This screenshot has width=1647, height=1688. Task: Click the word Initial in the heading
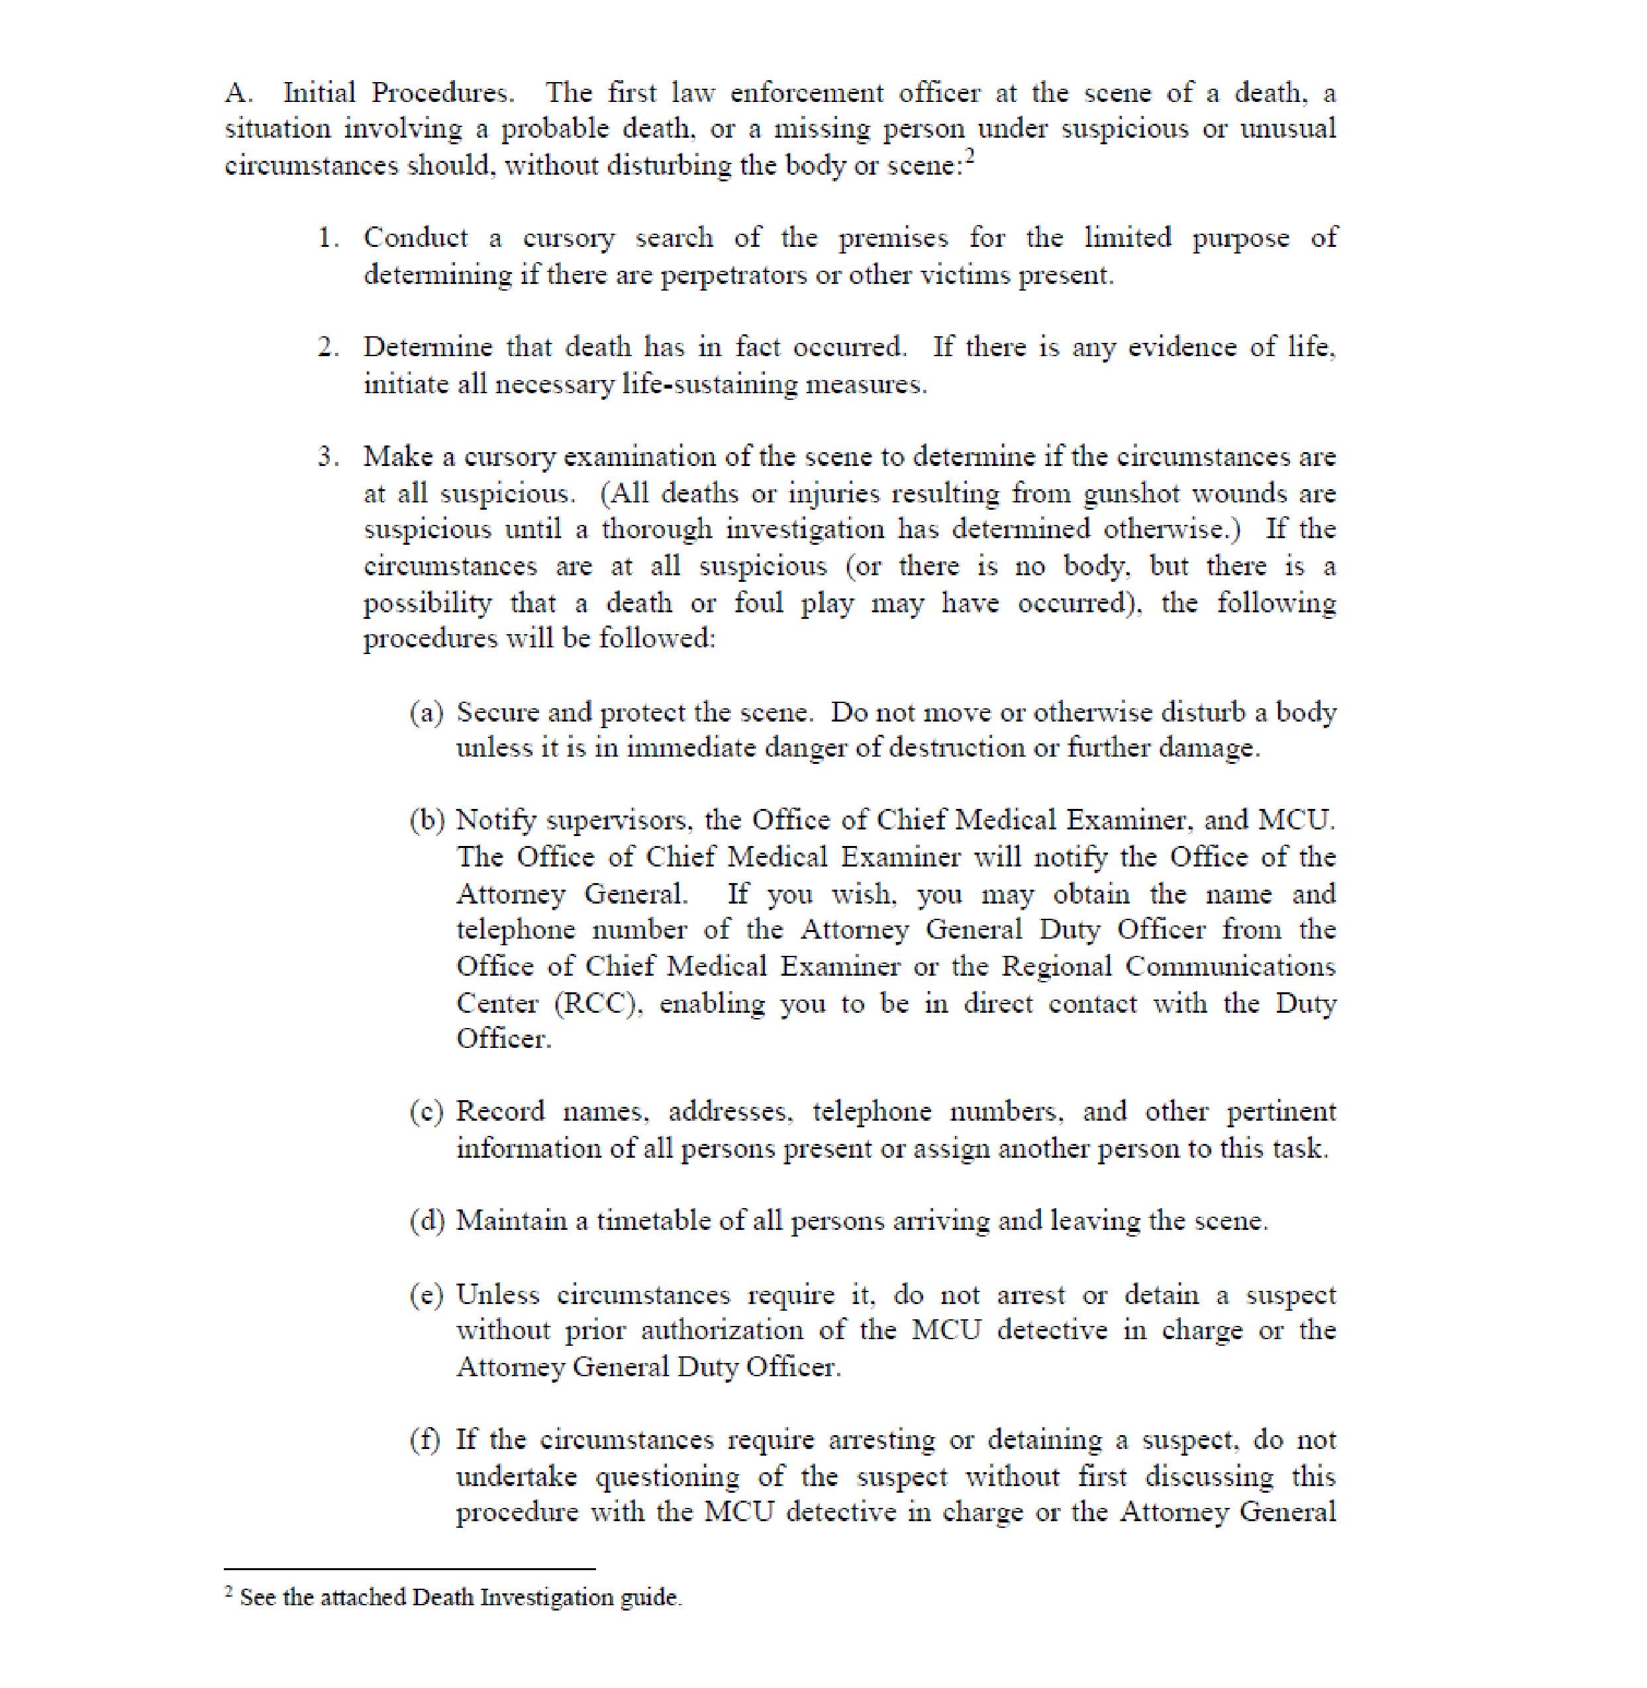319,93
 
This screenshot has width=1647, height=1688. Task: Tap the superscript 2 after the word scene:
969,156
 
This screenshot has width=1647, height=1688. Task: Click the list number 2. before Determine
328,348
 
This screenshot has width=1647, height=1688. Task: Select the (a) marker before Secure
426,712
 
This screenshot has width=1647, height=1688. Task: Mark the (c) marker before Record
426,1112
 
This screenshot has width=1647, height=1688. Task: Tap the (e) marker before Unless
426,1295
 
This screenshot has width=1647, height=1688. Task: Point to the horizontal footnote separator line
409,1569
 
